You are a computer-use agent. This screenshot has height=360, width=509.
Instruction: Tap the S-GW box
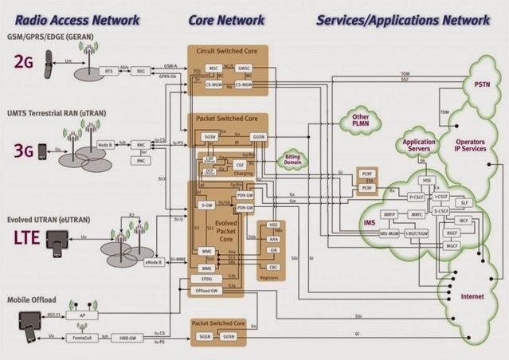point(206,204)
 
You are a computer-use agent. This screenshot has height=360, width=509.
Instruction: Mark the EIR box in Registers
point(274,248)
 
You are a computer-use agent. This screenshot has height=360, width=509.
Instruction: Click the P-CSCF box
point(416,195)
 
